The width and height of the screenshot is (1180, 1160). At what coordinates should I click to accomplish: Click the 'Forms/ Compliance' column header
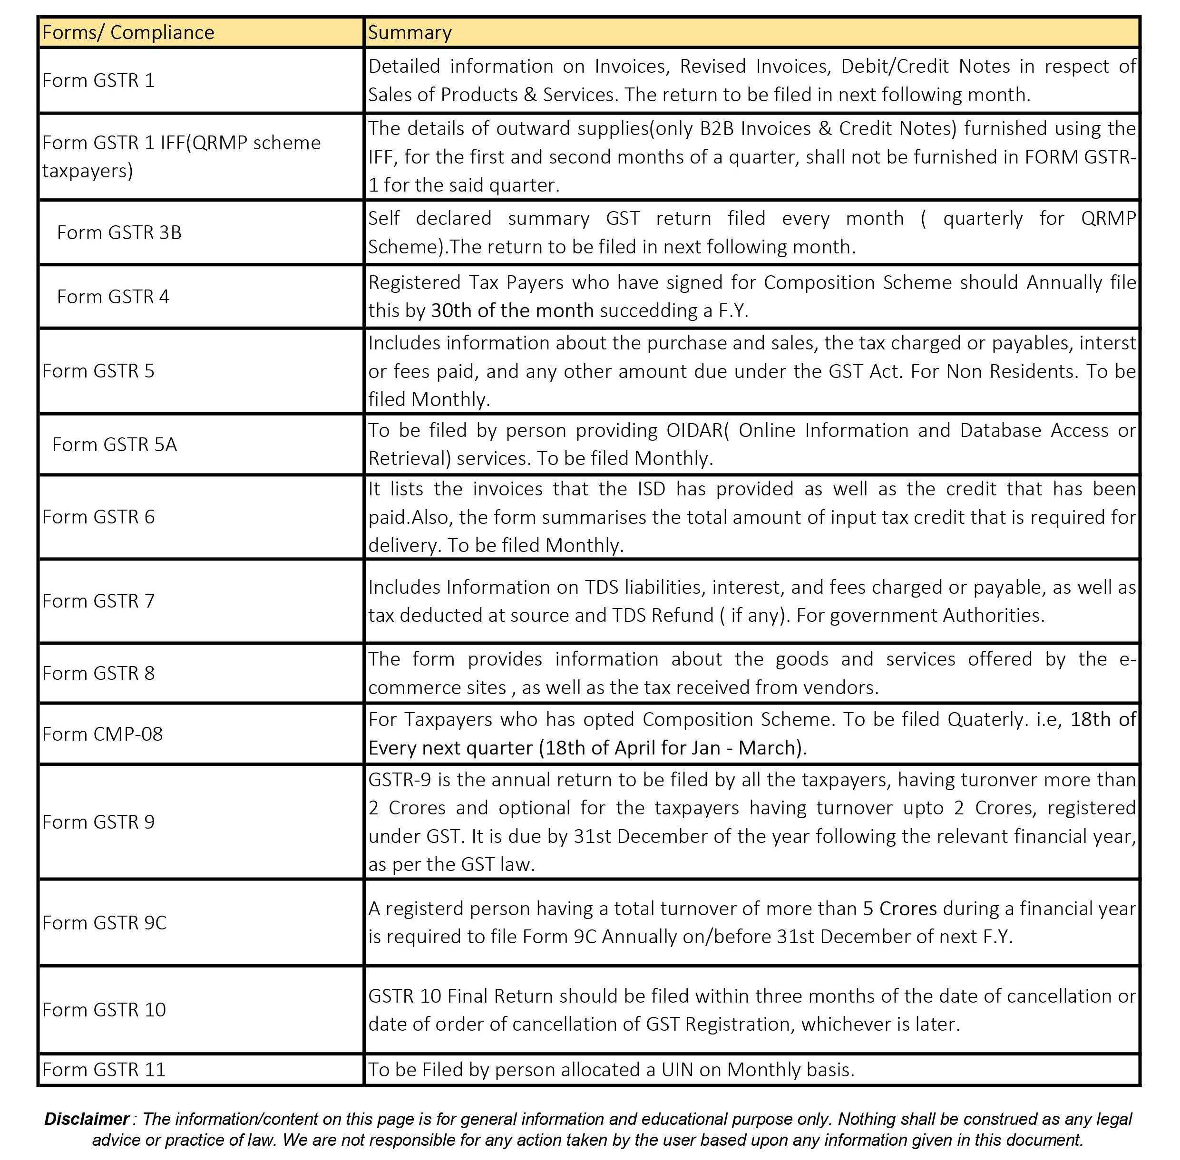[128, 32]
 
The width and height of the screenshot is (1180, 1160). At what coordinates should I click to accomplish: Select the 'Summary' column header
[410, 32]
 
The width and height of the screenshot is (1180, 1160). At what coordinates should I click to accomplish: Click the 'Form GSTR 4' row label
[113, 297]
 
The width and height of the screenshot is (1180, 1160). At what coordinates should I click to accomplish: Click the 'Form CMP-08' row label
[102, 734]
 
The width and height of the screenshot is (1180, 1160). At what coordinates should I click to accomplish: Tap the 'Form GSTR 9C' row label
[104, 923]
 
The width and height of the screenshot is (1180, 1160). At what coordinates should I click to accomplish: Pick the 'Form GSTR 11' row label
[104, 1070]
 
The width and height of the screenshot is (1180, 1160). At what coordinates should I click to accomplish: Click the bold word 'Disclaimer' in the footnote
[87, 1119]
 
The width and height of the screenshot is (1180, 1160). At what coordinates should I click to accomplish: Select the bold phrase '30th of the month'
[512, 311]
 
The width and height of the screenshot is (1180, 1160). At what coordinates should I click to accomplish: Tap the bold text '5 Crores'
[900, 909]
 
